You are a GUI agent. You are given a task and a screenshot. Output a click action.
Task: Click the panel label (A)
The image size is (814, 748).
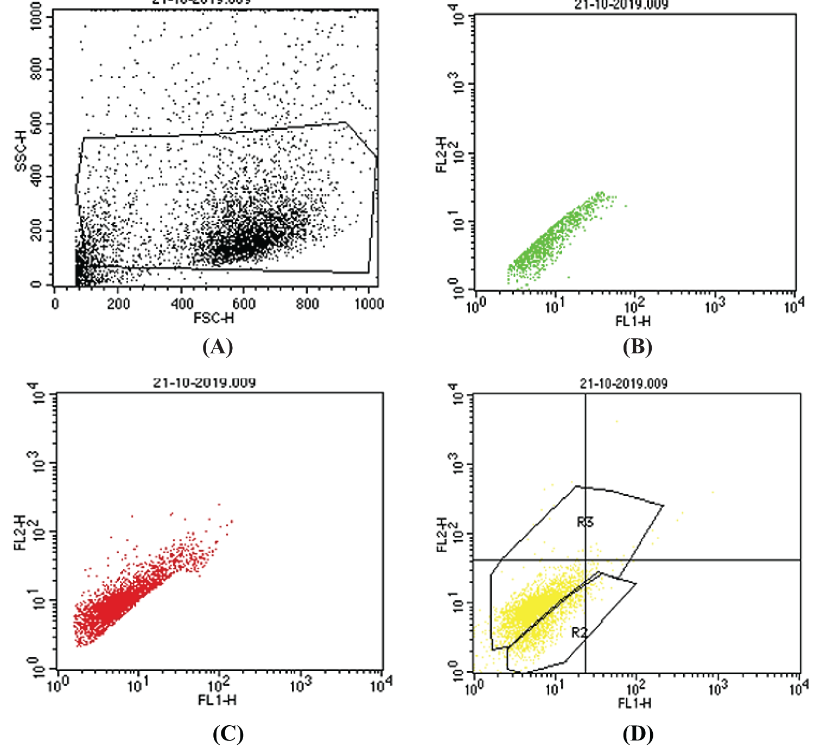click(x=218, y=346)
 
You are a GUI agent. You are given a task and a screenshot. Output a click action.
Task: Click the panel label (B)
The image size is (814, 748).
click(x=637, y=346)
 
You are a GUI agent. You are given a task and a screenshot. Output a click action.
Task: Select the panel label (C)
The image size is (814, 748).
click(x=228, y=733)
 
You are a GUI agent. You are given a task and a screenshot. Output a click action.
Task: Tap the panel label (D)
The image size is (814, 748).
click(x=638, y=733)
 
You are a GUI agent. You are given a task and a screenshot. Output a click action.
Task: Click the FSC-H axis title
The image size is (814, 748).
click(x=214, y=318)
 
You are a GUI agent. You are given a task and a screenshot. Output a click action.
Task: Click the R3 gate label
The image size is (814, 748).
click(x=585, y=522)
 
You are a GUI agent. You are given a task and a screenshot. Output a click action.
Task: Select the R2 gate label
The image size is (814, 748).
click(x=580, y=632)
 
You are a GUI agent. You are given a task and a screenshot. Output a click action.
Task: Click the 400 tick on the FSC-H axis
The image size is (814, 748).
click(x=182, y=303)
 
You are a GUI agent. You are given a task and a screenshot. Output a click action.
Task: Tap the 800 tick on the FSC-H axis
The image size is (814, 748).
click(x=307, y=303)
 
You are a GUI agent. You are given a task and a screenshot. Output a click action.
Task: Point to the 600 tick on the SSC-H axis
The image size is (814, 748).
click(x=36, y=124)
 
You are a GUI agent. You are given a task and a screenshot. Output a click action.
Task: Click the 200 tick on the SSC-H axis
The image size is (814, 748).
click(x=36, y=231)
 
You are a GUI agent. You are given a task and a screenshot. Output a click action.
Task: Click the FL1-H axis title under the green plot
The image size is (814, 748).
click(x=633, y=321)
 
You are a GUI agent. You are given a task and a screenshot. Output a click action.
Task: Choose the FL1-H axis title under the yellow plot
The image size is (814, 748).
click(x=634, y=703)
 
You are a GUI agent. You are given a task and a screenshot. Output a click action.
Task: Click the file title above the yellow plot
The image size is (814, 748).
click(x=624, y=384)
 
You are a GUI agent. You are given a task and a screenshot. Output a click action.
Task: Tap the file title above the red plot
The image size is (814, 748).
click(x=204, y=383)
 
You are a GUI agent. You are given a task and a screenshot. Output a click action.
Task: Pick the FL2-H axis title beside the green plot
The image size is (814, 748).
click(x=442, y=155)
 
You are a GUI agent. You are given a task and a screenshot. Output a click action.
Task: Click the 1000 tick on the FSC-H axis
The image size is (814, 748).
click(x=369, y=303)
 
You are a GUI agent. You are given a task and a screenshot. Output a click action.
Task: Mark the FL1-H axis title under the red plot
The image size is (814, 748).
click(x=217, y=700)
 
